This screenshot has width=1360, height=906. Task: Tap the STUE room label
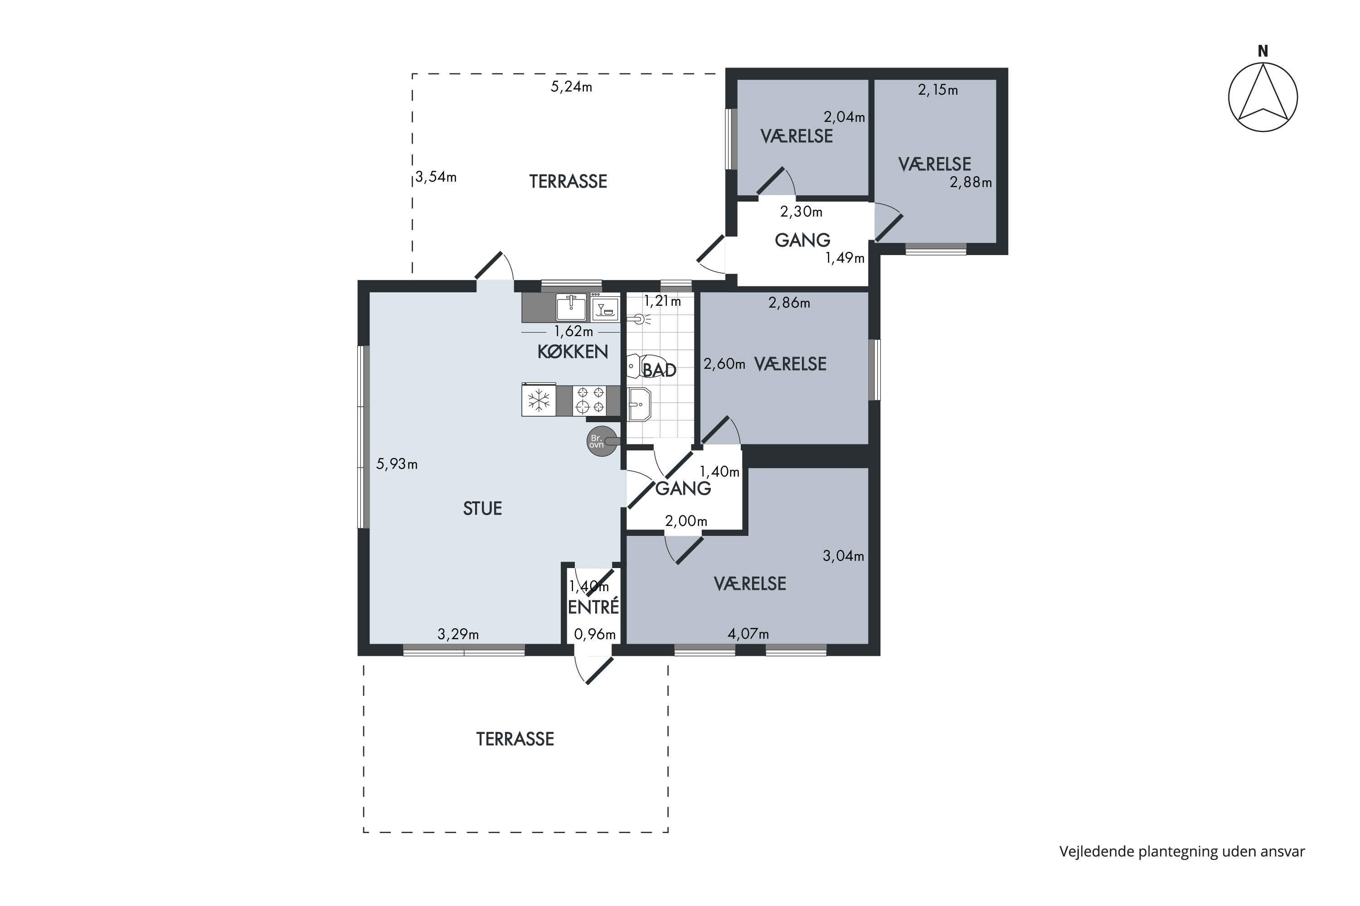tap(482, 508)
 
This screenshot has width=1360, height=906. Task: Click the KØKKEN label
tap(573, 352)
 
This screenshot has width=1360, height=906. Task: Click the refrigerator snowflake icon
tap(539, 400)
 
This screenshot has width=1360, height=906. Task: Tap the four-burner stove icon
tap(590, 400)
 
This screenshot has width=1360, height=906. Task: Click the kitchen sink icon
tap(571, 307)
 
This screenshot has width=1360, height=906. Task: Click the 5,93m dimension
tap(397, 464)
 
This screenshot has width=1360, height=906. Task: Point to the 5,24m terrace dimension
tap(571, 87)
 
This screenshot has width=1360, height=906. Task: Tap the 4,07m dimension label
tap(748, 634)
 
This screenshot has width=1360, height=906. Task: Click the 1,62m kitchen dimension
tap(573, 332)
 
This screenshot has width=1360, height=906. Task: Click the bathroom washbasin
tap(640, 405)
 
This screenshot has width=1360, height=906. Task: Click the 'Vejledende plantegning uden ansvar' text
tap(1182, 852)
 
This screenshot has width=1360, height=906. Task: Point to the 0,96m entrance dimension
tap(594, 635)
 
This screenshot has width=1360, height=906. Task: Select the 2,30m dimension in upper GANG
tap(801, 212)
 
